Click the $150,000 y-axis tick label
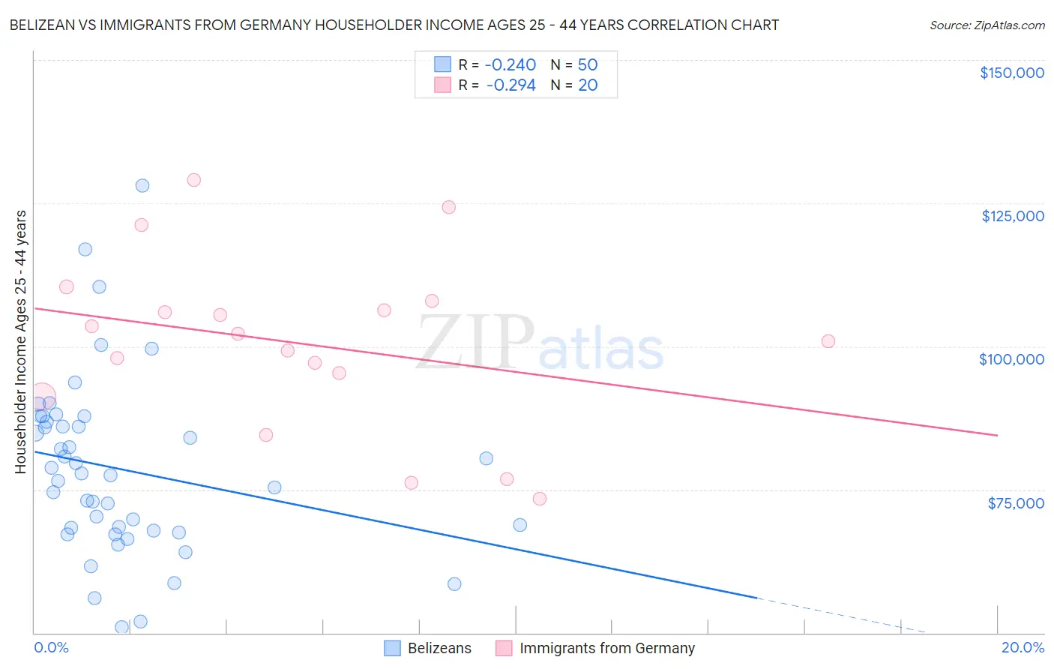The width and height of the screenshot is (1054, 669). point(1011,73)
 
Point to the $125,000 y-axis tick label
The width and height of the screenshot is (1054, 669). point(1012,216)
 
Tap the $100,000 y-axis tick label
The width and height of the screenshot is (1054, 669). point(1011,359)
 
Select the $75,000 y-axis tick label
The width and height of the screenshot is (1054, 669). point(1015,503)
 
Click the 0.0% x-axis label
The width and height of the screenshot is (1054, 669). point(51,647)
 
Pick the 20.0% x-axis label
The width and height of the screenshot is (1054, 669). point(1023,647)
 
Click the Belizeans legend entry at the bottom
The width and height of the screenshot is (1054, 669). point(439,648)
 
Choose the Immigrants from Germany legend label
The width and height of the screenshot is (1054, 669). point(606,648)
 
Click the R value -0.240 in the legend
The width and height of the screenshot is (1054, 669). point(511,65)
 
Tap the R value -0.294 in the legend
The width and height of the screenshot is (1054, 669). point(511,85)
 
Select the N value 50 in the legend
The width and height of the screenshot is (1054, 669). point(588,65)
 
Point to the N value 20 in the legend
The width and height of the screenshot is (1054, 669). point(588,85)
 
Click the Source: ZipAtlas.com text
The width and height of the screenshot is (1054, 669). point(987,25)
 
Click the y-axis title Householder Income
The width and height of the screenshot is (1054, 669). point(21,341)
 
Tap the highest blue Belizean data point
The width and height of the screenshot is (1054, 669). point(142,186)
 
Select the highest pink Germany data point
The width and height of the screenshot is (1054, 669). point(193,180)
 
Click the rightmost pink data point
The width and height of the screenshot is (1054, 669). point(828,341)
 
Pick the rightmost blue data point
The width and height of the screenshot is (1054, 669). point(520,525)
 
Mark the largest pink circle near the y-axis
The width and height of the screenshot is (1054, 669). point(42,397)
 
